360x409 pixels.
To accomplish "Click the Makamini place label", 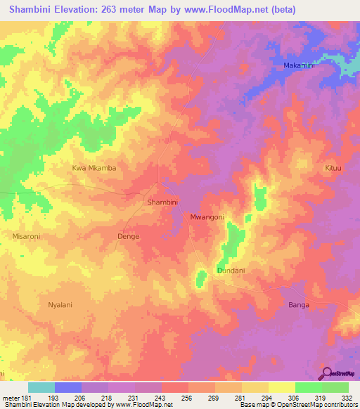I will pyautogui.click(x=300, y=65).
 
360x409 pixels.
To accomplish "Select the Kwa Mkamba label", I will pyautogui.click(x=94, y=168).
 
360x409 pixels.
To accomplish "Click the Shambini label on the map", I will pyautogui.click(x=162, y=202).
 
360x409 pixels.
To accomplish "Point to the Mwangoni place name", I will pyautogui.click(x=207, y=217).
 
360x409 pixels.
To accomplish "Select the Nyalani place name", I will pyautogui.click(x=62, y=305).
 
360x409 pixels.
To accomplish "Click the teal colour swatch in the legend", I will pyautogui.click(x=41, y=387).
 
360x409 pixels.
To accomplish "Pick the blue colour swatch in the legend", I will pyautogui.click(x=67, y=387).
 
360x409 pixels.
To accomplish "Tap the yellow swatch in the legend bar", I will pyautogui.click(x=281, y=387).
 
